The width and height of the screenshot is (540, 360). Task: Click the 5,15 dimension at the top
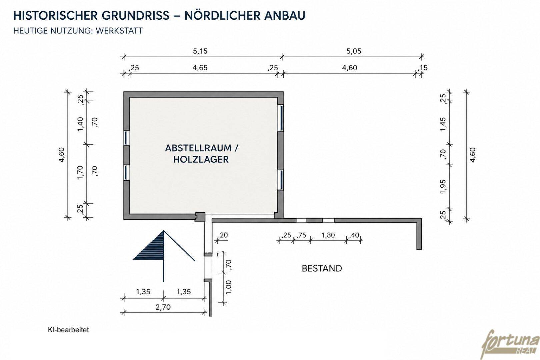point(200,51)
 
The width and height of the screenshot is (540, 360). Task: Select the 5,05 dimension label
point(354,51)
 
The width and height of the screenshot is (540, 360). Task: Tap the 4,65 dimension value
point(200,68)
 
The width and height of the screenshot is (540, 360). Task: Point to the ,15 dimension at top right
point(423,68)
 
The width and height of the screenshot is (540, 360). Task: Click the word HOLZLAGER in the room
point(201,159)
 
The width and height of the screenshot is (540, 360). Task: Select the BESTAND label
point(322,268)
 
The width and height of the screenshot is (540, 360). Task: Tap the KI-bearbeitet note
point(68,330)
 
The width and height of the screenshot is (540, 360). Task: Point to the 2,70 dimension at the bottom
point(163,307)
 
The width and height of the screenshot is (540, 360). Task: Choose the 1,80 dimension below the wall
point(328,235)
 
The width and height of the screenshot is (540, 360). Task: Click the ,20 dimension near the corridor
point(223,235)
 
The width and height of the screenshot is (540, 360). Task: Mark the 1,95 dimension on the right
point(443,187)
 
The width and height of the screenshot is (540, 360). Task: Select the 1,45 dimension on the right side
point(443,124)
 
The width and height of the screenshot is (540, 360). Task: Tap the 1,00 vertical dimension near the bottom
point(229,287)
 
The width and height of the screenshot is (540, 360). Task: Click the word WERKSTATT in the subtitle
point(119,31)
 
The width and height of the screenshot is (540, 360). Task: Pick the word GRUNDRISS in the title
point(135,15)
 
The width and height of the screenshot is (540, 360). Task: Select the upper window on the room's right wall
point(280,118)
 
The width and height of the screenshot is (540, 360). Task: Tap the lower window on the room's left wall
point(127,173)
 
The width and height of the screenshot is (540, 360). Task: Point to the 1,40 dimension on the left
point(80,124)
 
